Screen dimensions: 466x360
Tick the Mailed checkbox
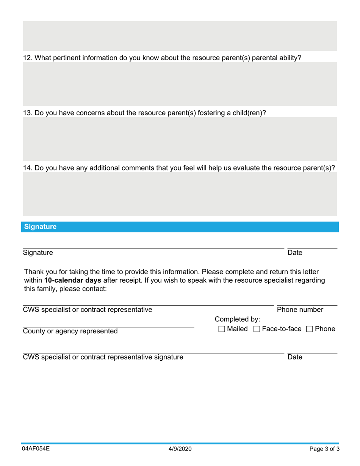click(222, 329)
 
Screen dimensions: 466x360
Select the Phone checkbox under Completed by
click(310, 329)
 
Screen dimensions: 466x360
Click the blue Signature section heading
click(40, 227)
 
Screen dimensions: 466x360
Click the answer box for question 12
click(180, 84)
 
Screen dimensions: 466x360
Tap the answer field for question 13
click(180, 139)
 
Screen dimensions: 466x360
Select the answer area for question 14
click(180, 194)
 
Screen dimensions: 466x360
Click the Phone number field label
click(300, 310)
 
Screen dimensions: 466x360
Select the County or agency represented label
click(70, 332)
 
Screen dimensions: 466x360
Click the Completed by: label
click(237, 319)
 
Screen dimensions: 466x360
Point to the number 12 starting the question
click(27, 58)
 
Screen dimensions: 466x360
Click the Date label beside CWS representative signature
click(295, 357)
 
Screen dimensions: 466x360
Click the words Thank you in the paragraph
click(38, 272)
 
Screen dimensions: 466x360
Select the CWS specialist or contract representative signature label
click(103, 357)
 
